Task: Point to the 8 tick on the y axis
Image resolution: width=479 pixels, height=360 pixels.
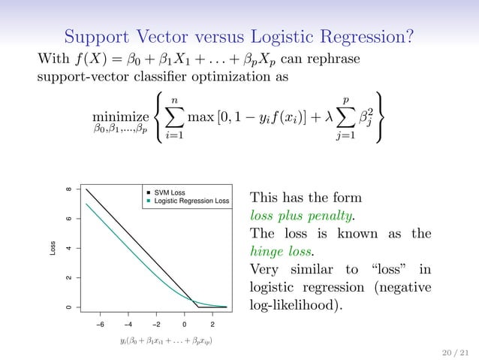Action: pyautogui.click(x=69, y=189)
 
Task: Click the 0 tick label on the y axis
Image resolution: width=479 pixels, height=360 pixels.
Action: pyautogui.click(x=69, y=307)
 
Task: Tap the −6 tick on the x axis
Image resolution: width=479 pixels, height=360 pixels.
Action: pyautogui.click(x=100, y=325)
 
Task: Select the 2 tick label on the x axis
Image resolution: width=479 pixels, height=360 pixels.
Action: pyautogui.click(x=212, y=325)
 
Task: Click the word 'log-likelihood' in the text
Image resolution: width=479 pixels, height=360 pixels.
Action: pyautogui.click(x=288, y=306)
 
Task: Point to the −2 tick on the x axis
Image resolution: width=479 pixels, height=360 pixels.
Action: pyautogui.click(x=156, y=325)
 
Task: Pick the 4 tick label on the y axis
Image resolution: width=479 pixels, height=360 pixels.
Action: pyautogui.click(x=69, y=248)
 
